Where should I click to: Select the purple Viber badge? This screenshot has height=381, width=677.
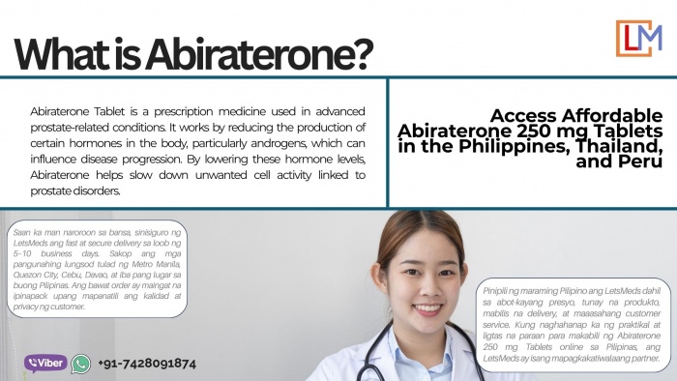pos(45,364)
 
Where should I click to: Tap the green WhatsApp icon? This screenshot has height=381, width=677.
pos(80,364)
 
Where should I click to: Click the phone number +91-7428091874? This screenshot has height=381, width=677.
pos(147,364)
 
